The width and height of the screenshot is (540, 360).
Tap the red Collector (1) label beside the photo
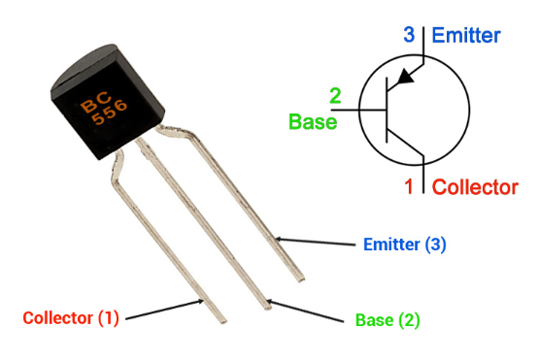tap(70, 317)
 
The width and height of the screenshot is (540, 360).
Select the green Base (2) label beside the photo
tap(388, 318)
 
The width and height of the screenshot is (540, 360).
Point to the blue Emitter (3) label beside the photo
tap(404, 244)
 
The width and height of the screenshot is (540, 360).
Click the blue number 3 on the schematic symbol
tap(409, 36)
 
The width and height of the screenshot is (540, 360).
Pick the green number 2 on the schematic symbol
tap(335, 96)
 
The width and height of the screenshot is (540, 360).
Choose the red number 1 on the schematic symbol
tap(409, 185)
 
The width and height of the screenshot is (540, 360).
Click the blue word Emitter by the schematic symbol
tap(466, 36)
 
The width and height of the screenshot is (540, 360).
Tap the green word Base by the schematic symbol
tap(313, 122)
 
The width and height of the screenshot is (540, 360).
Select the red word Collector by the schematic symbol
tap(474, 186)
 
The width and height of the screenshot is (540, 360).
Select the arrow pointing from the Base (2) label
tap(309, 311)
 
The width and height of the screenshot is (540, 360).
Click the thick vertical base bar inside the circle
tap(387, 110)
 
